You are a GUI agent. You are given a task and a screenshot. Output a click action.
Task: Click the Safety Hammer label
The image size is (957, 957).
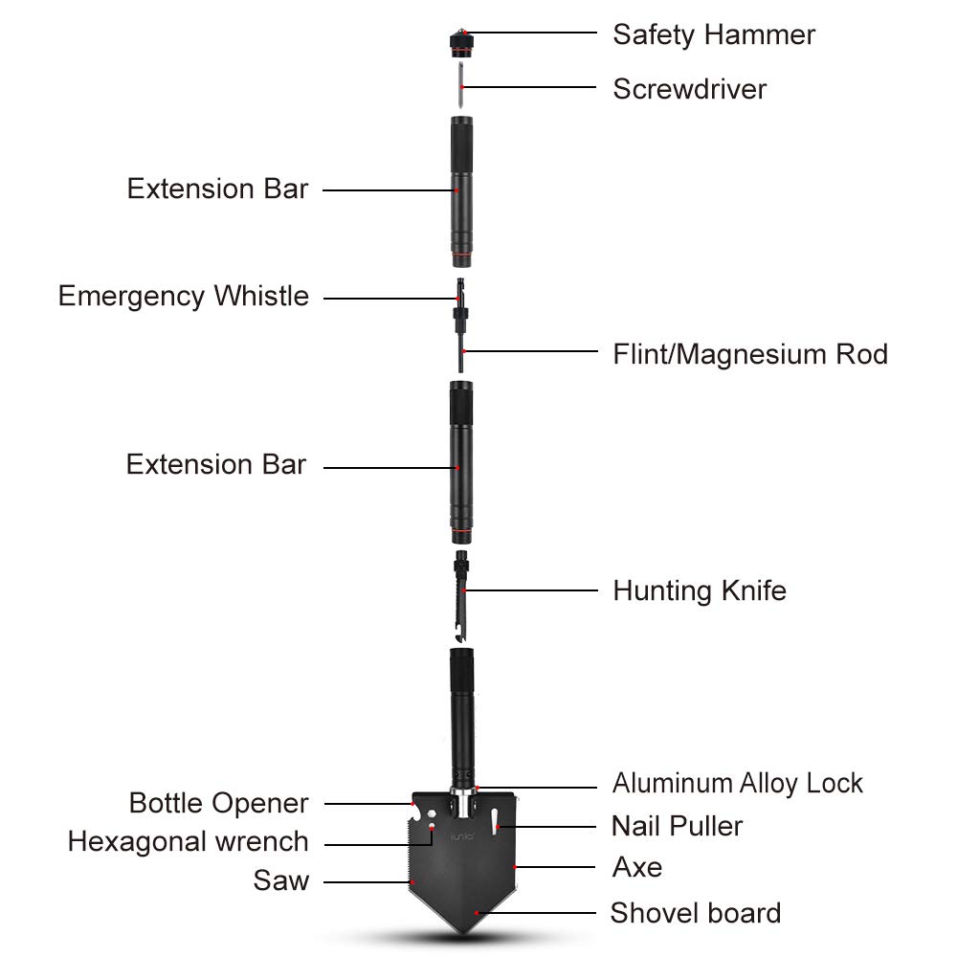[x=714, y=34]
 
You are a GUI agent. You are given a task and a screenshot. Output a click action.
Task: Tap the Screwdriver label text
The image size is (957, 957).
[x=689, y=89]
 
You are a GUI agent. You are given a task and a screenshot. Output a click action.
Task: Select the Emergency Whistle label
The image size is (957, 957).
[x=184, y=297]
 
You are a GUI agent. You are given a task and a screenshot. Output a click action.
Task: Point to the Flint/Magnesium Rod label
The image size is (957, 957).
[x=750, y=354]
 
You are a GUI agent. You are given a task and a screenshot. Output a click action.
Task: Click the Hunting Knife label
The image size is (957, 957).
[x=700, y=590]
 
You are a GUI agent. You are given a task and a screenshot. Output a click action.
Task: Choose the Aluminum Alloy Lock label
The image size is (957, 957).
[x=737, y=783]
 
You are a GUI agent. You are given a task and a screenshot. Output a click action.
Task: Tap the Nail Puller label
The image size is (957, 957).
[x=677, y=827]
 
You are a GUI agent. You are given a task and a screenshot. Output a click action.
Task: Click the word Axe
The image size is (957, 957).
[x=637, y=867]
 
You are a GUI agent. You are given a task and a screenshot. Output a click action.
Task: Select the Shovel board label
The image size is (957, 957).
[x=696, y=913]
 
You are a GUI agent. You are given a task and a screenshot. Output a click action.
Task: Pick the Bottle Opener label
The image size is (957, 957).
[x=218, y=803]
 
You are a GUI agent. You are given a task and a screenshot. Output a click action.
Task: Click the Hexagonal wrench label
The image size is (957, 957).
[x=188, y=841]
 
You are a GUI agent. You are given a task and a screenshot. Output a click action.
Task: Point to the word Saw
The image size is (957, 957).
[x=281, y=880]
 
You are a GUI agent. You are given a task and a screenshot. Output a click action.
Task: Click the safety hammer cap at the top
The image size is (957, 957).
[x=462, y=44]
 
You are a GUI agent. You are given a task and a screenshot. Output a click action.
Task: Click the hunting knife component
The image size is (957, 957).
[x=462, y=597]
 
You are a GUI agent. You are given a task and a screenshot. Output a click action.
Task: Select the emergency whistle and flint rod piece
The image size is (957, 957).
[x=461, y=324]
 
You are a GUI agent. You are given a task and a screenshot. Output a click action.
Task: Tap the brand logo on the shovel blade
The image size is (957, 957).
[x=462, y=837]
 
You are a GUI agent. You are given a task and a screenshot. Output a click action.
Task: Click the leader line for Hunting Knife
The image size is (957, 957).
[x=530, y=590]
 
